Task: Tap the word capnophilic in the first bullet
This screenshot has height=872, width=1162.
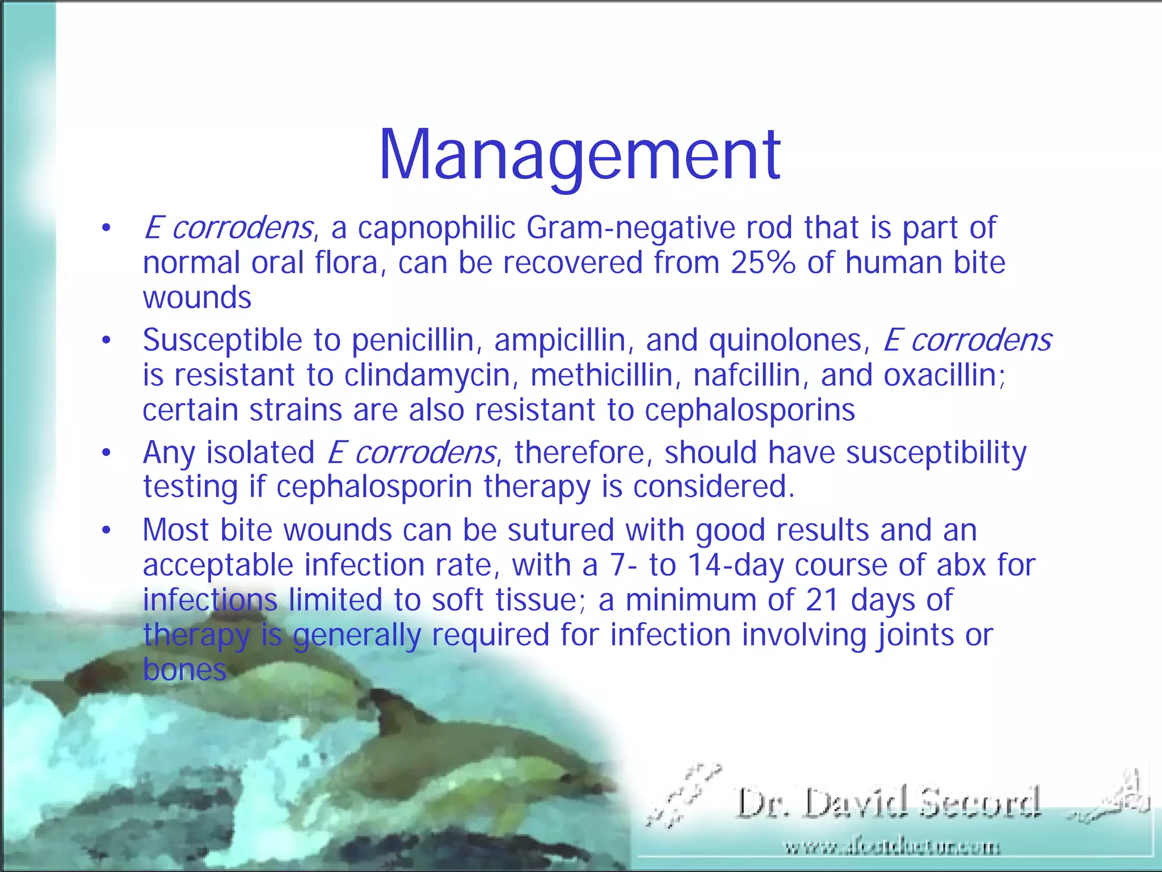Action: click(436, 228)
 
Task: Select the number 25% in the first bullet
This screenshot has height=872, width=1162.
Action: click(763, 263)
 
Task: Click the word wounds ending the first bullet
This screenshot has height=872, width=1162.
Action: click(197, 298)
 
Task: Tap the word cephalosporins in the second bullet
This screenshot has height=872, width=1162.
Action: click(750, 410)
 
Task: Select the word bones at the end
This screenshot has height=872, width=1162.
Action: click(184, 670)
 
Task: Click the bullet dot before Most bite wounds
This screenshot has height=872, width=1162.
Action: click(106, 531)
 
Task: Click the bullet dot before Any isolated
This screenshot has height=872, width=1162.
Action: click(106, 454)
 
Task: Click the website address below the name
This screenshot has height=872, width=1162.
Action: click(892, 848)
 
